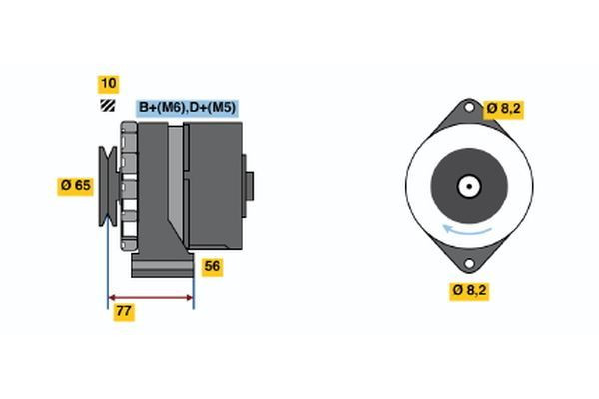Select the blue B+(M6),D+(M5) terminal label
click(x=187, y=108)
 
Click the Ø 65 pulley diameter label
click(x=74, y=185)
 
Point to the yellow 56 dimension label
click(x=212, y=266)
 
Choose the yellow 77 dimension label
click(x=124, y=311)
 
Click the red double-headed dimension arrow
click(x=150, y=297)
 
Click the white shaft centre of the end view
click(x=467, y=186)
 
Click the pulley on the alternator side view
click(x=105, y=185)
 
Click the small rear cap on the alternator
click(x=249, y=187)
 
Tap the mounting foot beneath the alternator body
click(x=160, y=266)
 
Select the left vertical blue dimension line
click(x=107, y=249)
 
